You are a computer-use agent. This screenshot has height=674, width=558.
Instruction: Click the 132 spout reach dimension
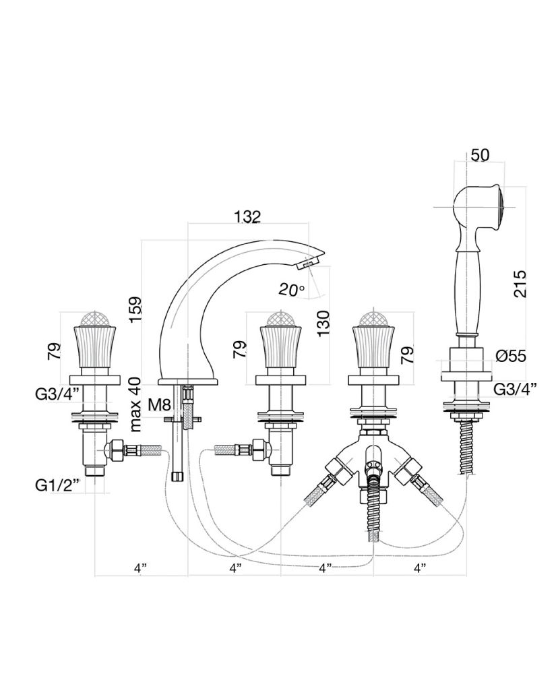click(247, 216)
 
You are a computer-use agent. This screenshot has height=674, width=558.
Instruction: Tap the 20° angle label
click(291, 290)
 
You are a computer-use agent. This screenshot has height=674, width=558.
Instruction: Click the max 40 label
click(135, 404)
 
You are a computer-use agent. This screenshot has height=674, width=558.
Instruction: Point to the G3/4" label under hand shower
click(516, 389)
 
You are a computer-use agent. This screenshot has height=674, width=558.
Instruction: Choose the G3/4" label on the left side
click(58, 394)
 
